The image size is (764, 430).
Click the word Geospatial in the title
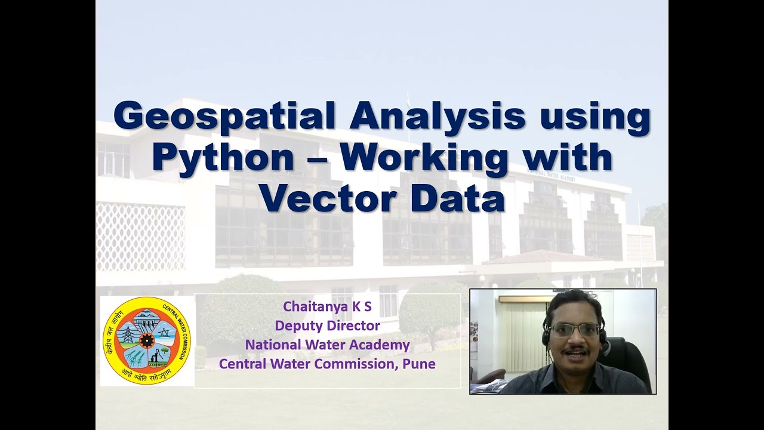coord(226,116)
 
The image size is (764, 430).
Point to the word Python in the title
coord(223,158)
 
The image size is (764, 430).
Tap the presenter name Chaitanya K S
coord(327,306)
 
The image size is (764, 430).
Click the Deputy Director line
coord(327,325)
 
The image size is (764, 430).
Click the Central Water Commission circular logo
coord(147,341)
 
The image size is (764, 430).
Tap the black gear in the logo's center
coord(147,340)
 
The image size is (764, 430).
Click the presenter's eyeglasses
coord(573,330)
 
